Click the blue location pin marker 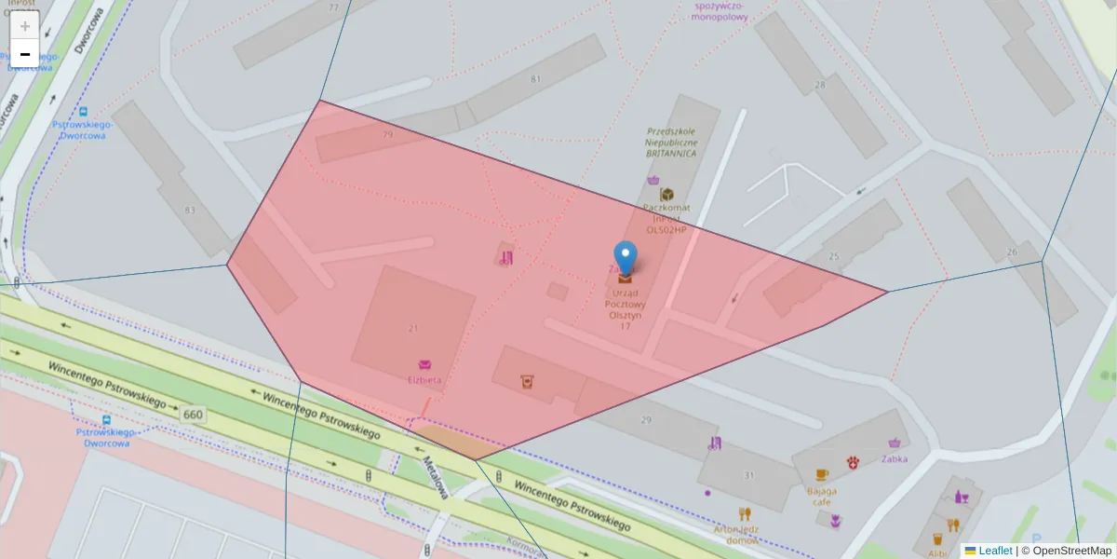626,257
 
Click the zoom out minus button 25,55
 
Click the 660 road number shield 194,415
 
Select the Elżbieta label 424,380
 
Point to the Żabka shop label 895,458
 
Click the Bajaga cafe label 822,496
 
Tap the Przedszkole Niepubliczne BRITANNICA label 671,143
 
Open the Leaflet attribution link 995,551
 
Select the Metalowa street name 436,477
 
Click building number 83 191,211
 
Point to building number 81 535,79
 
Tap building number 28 820,86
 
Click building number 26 1013,252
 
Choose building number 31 749,476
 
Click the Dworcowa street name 88,33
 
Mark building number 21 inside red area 413,328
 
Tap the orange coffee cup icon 822,475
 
